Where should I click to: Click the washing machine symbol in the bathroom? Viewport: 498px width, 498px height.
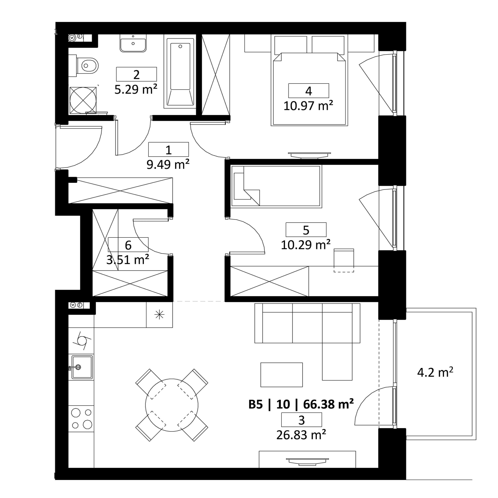83,100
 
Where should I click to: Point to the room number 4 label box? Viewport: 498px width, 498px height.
309,91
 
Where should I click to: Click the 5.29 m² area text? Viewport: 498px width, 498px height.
136,89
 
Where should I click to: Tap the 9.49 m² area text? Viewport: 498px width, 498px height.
168,164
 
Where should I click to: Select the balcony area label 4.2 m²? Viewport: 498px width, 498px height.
435,372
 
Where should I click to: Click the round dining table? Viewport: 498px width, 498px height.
172,405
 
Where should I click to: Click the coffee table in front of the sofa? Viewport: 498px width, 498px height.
282,375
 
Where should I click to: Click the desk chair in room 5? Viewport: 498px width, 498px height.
344,260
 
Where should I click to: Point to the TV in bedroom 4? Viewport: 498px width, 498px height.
309,155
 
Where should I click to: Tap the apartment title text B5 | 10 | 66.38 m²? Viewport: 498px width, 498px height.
301,404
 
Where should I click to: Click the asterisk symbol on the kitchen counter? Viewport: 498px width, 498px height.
159,315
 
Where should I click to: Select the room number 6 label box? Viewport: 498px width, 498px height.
128,245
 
